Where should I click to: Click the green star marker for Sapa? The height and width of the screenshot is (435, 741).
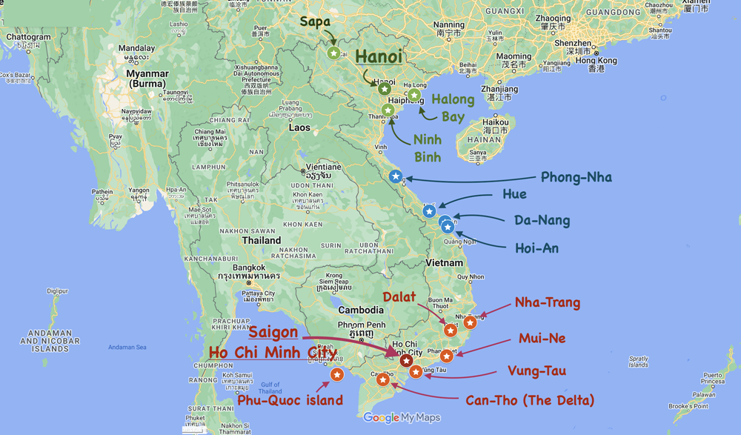[x=334, y=53]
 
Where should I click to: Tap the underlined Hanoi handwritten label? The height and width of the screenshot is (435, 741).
[x=378, y=56]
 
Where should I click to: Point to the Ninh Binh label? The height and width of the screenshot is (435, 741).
[x=427, y=147]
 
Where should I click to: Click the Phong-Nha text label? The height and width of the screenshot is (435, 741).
[x=576, y=178]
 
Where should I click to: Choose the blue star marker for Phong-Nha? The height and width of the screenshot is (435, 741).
[x=396, y=176]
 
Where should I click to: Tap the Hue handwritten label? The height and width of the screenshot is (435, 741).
[x=514, y=195]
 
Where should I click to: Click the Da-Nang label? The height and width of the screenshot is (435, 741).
[x=542, y=220]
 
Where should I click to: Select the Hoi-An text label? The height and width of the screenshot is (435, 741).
[x=536, y=248]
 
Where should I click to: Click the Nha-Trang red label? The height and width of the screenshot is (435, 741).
[x=547, y=302]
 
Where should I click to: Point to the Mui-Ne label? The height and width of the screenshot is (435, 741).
[x=542, y=339]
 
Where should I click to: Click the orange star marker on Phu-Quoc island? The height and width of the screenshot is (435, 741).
[x=336, y=374]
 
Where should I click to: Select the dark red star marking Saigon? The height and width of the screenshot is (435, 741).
[x=406, y=361]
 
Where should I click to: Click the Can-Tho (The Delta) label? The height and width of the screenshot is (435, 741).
[x=530, y=401]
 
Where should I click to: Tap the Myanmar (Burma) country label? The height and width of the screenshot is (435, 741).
[x=148, y=79]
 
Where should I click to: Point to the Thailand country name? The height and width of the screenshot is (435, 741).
[x=262, y=240]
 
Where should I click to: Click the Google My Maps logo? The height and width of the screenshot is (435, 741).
[x=402, y=418]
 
